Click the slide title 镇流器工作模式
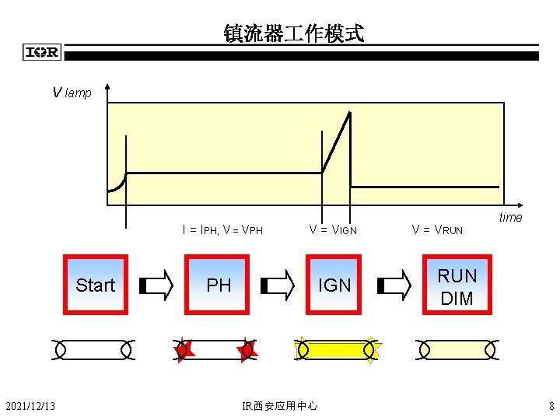point(293,33)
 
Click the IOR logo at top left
point(42,53)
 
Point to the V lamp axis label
point(72,93)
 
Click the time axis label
point(510,217)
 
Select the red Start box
point(95,285)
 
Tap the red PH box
point(219,285)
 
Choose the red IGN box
point(335,285)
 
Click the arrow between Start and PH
point(156,285)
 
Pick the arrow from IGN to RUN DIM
point(394,285)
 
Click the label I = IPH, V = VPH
point(222,229)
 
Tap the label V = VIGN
point(333,229)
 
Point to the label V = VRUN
point(437,229)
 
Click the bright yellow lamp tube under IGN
point(336,350)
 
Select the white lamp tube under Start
point(93,350)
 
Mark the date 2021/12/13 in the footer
point(30,405)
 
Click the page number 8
point(551,405)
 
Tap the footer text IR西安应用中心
point(280,405)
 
